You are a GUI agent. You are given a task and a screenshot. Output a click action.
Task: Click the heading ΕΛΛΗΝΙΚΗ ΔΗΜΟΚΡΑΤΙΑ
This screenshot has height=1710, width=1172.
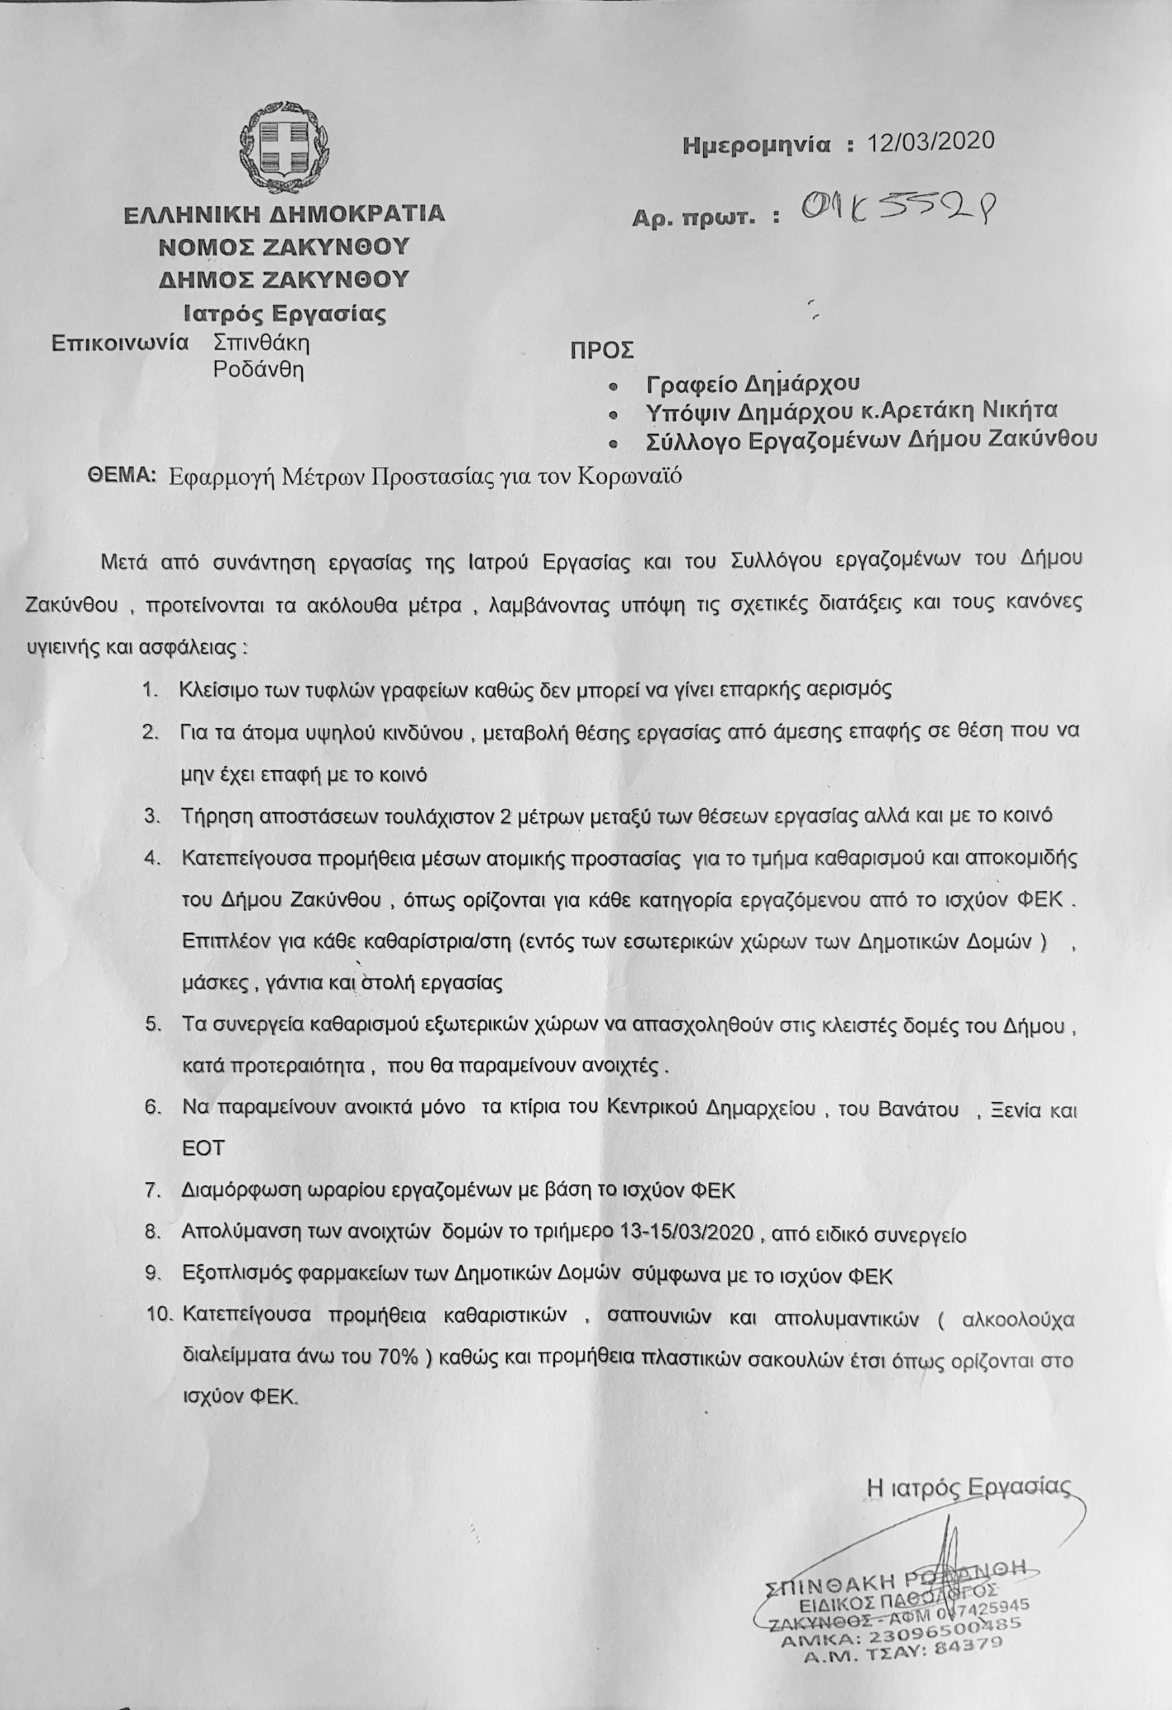(x=284, y=214)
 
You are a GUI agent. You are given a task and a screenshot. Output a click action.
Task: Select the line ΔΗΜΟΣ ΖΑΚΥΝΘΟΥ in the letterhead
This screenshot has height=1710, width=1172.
(x=284, y=279)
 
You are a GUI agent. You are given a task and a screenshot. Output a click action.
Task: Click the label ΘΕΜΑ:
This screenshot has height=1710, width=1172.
(x=122, y=476)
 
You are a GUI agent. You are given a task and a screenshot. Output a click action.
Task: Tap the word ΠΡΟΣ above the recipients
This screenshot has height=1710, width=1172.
(x=601, y=349)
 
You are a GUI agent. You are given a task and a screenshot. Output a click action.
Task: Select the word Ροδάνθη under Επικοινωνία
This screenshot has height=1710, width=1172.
(x=258, y=369)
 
